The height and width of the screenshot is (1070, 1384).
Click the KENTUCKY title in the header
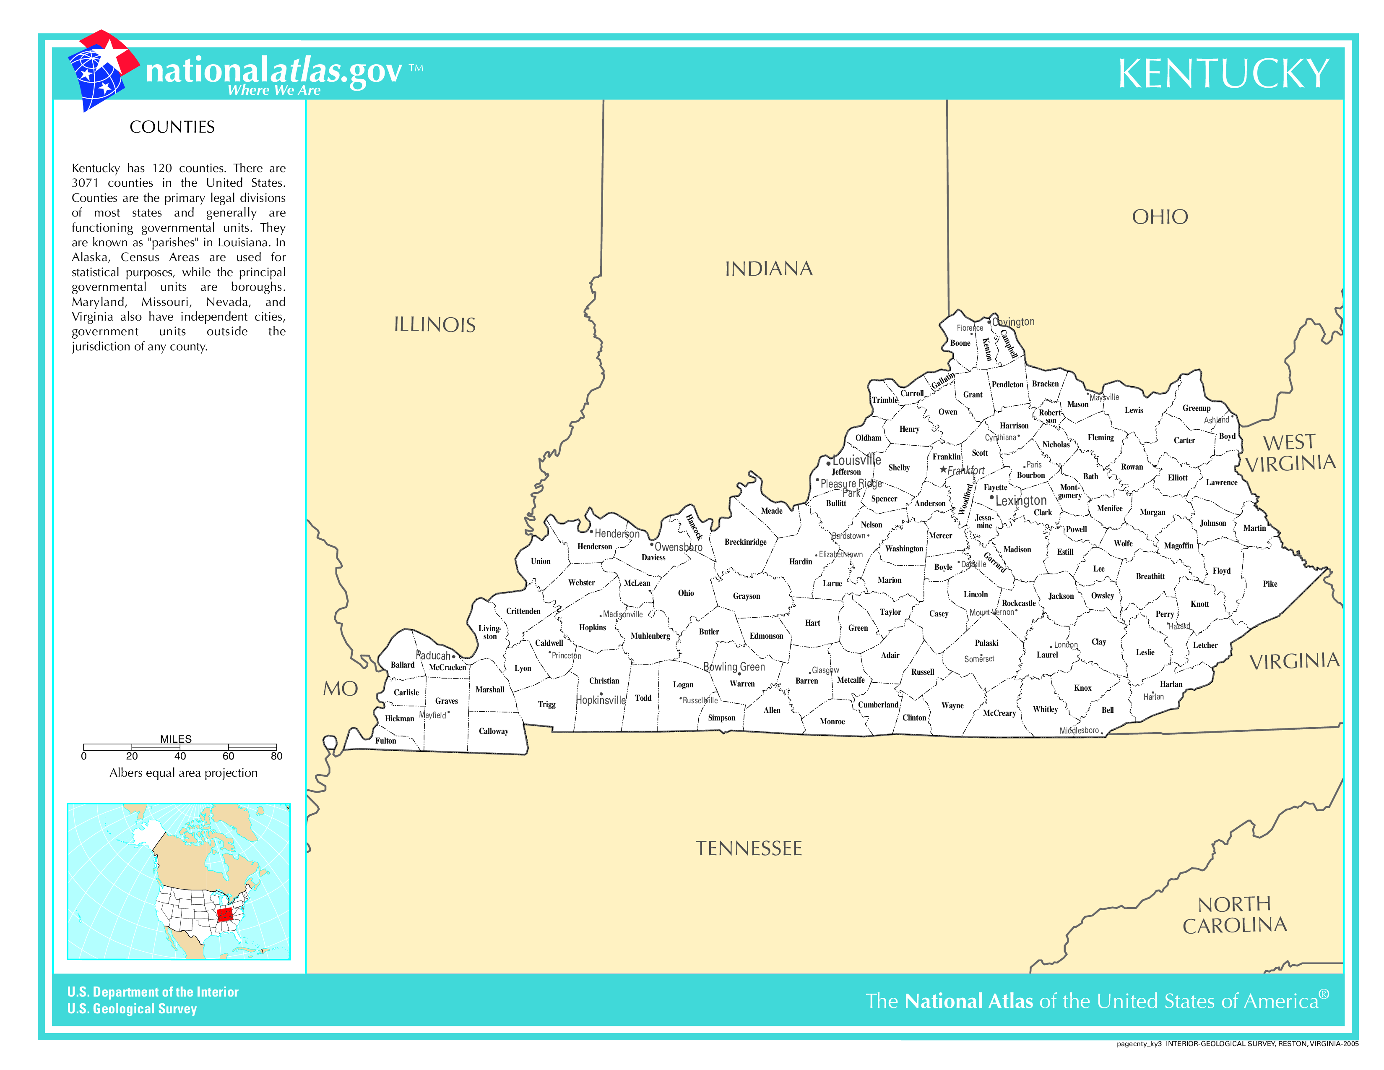pyautogui.click(x=1223, y=74)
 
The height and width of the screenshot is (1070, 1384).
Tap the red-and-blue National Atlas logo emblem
pyautogui.click(x=101, y=70)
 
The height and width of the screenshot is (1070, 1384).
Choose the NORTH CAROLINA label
pyautogui.click(x=1234, y=915)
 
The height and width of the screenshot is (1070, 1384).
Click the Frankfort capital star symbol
pyautogui.click(x=943, y=470)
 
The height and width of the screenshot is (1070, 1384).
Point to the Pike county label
pyautogui.click(x=1270, y=584)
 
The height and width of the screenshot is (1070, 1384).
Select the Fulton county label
pyautogui.click(x=385, y=740)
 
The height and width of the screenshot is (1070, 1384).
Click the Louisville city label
pyautogui.click(x=857, y=460)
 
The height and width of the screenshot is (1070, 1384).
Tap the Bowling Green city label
pyautogui.click(x=734, y=667)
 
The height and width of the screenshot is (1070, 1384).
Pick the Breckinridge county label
pyautogui.click(x=745, y=542)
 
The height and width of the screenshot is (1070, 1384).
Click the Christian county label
pyautogui.click(x=604, y=681)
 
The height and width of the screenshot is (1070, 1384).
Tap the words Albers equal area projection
pyautogui.click(x=183, y=772)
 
